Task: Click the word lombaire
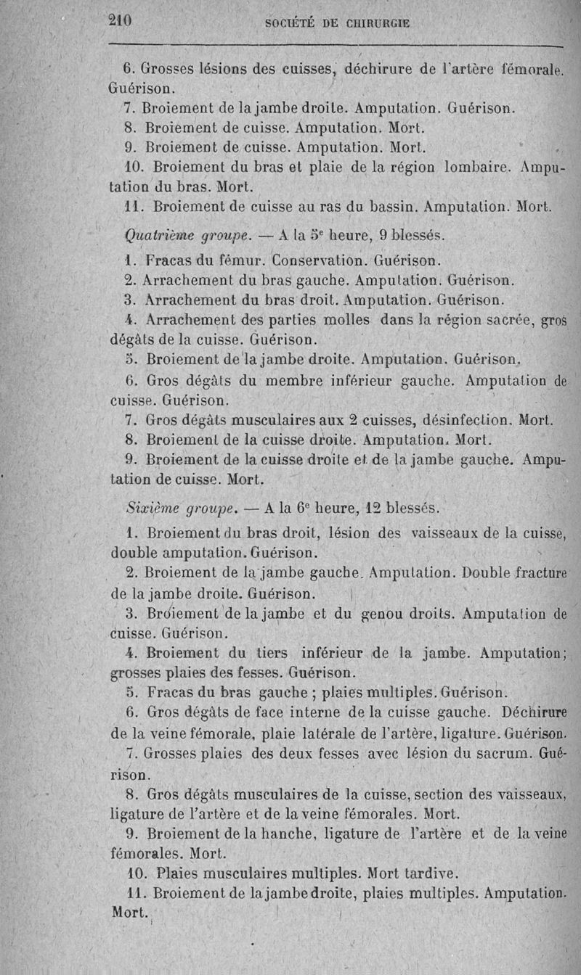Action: coord(479,167)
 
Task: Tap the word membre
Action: coord(298,379)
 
